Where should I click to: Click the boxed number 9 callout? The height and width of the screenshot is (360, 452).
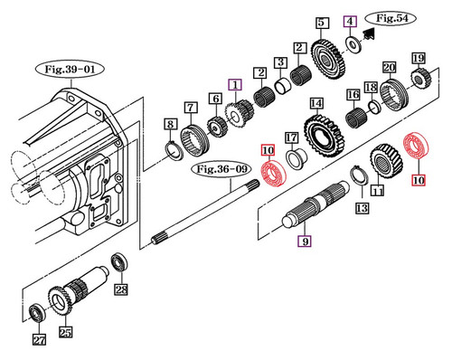pos(305,242)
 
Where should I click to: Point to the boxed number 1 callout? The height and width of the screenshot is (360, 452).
pos(235,85)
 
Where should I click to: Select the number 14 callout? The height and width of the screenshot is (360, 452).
pos(315,104)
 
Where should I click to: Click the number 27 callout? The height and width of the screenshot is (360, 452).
pos(38,340)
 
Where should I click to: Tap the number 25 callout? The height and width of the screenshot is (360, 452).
pos(64,332)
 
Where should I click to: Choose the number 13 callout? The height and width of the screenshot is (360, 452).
pos(362,209)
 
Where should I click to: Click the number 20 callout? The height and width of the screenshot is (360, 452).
pos(389,68)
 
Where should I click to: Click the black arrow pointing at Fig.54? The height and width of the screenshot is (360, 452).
pos(368,34)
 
